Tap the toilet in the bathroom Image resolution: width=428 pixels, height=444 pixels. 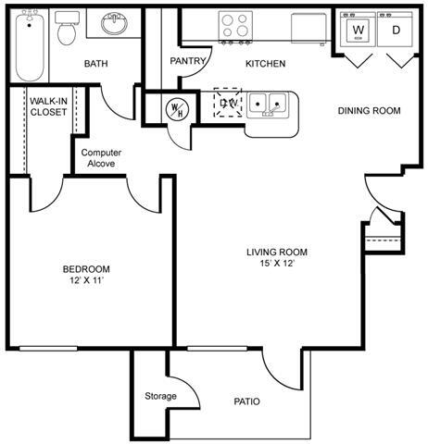[x=67, y=32]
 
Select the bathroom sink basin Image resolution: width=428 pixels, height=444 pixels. [x=115, y=23]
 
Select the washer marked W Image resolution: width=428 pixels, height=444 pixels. [x=359, y=31]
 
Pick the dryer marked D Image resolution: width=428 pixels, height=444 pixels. [x=396, y=31]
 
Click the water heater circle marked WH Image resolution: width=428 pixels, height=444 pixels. [x=173, y=108]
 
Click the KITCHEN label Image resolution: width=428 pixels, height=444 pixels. [x=265, y=64]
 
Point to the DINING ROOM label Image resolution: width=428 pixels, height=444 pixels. [x=369, y=111]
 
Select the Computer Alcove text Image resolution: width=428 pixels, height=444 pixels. [x=102, y=157]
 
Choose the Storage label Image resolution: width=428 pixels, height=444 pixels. [x=160, y=396]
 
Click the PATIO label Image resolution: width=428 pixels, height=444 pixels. [x=245, y=401]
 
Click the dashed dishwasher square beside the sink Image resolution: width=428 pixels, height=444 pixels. [x=227, y=102]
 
